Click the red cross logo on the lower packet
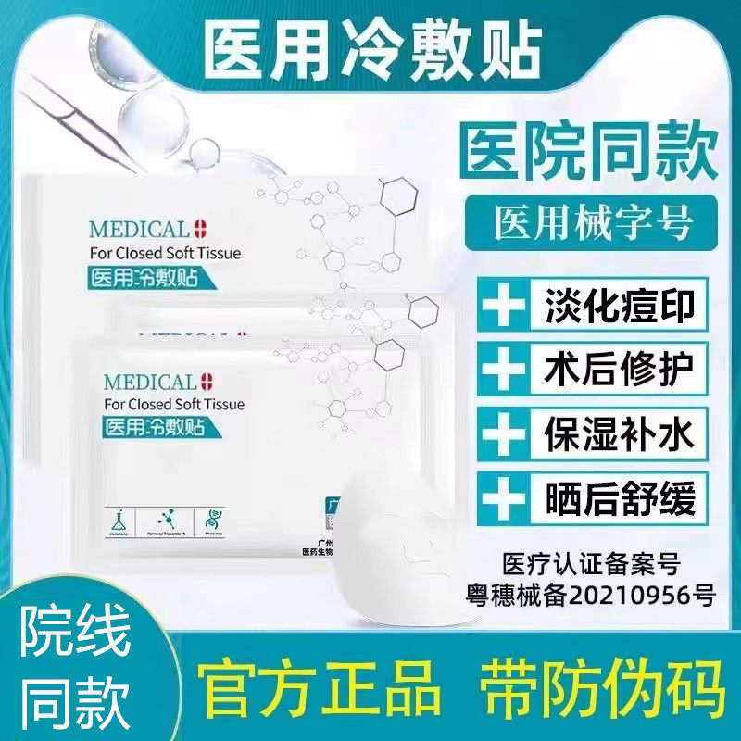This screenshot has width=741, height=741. [x=206, y=381]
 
